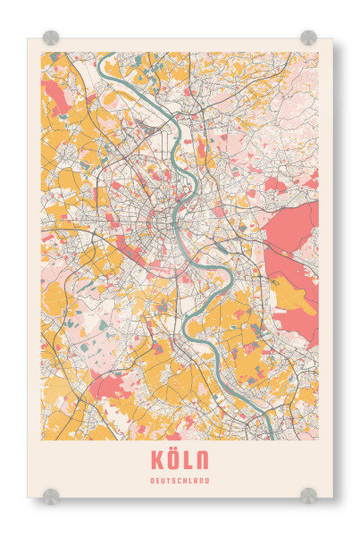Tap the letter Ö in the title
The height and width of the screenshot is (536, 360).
[173, 461]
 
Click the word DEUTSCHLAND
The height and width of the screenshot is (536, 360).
[180, 482]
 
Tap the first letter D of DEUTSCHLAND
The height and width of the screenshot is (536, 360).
[154, 482]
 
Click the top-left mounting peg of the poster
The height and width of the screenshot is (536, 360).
[51, 38]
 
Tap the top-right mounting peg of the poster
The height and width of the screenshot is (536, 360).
[308, 38]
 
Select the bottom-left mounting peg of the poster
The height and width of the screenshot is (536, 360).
[51, 494]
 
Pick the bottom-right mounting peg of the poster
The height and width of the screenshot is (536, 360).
[308, 494]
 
